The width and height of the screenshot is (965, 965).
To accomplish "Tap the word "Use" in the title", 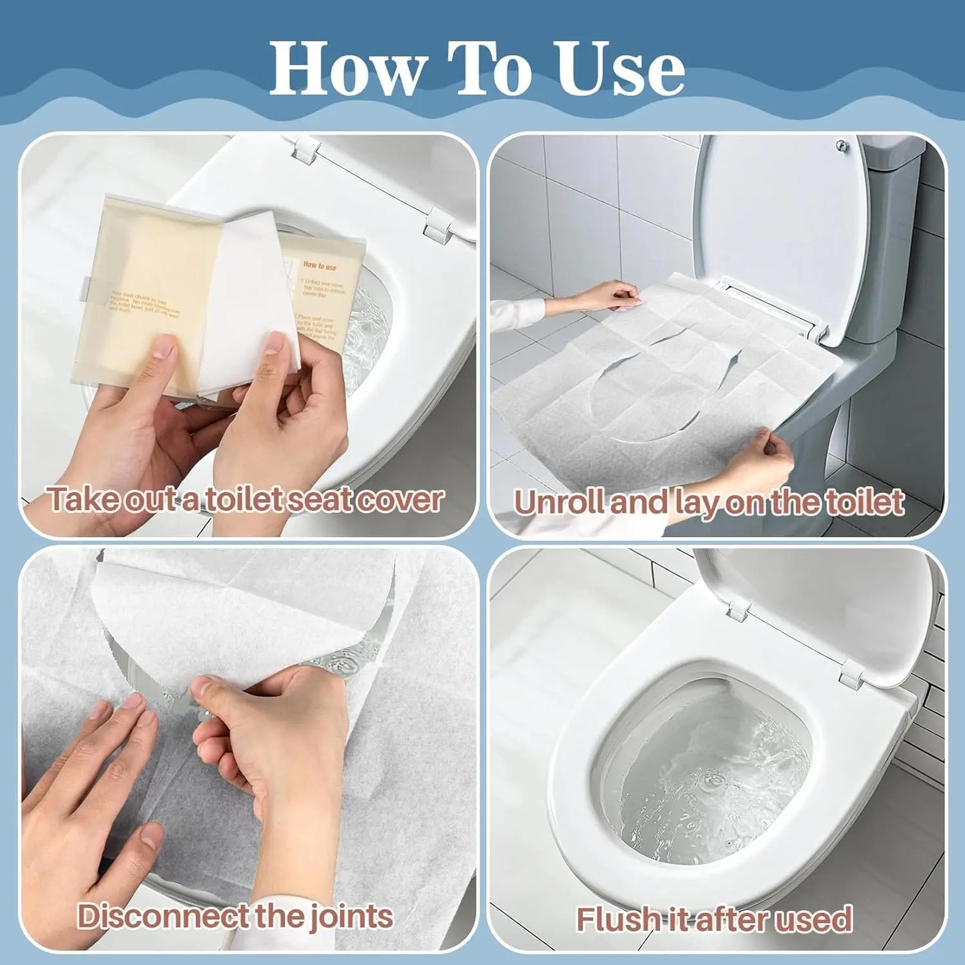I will tap(620, 69).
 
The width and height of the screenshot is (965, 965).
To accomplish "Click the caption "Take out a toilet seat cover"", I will tap(244, 500).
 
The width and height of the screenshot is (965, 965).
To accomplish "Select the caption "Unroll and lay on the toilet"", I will tap(709, 502).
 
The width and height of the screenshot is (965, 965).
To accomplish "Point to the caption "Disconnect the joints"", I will tap(234, 916).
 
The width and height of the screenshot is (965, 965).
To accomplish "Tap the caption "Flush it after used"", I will tap(714, 919).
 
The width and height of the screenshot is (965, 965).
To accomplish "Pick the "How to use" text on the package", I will tap(320, 266).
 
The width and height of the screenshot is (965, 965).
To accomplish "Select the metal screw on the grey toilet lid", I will tap(843, 145).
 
